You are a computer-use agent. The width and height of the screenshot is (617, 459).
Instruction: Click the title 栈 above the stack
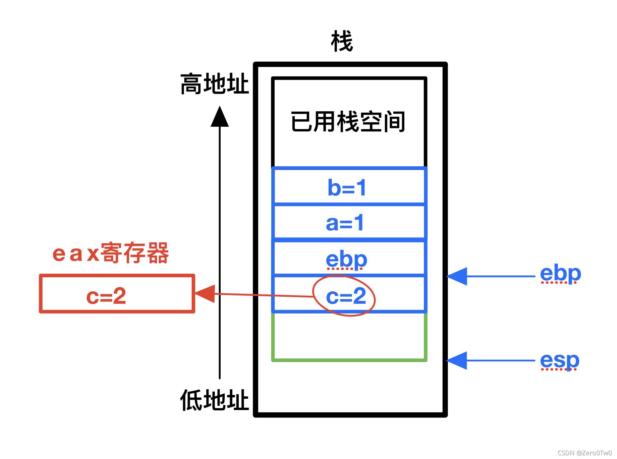pyautogui.click(x=342, y=41)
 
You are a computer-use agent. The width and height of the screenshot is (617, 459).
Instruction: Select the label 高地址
pyautogui.click(x=215, y=83)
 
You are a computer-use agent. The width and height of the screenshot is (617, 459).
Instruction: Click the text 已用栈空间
pyautogui.click(x=348, y=121)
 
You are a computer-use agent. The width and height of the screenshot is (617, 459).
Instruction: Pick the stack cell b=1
pyautogui.click(x=349, y=186)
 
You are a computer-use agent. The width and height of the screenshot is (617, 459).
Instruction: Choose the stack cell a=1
pyautogui.click(x=349, y=222)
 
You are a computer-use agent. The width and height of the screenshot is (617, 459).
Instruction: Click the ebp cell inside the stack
pyautogui.click(x=349, y=257)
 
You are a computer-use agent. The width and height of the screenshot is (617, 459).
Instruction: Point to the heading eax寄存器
pyautogui.click(x=111, y=253)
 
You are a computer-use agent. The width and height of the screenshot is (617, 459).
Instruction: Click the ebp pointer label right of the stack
pyautogui.click(x=560, y=274)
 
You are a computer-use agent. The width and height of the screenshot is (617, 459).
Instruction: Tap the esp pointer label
pyautogui.click(x=560, y=361)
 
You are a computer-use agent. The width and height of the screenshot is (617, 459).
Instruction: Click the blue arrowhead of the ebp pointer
pyautogui.click(x=457, y=276)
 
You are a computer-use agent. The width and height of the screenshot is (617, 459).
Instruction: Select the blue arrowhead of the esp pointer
pyautogui.click(x=457, y=361)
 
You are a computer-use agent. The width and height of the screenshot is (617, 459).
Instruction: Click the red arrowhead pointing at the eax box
pyautogui.click(x=205, y=294)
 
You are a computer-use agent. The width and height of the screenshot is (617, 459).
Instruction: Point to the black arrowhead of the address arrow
pyautogui.click(x=220, y=116)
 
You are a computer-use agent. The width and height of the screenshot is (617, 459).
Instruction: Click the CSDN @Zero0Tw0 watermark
pyautogui.click(x=584, y=453)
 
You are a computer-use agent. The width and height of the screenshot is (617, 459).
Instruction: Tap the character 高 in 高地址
pyautogui.click(x=191, y=83)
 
